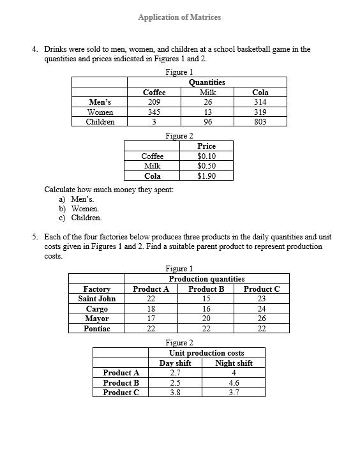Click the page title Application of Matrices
(179, 17)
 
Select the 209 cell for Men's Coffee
(154, 102)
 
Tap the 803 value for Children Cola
(260, 122)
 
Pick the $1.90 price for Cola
(206, 176)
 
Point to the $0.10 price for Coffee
(206, 156)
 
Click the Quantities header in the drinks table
(207, 82)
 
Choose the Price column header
(206, 146)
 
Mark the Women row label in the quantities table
(100, 112)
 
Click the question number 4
(34, 49)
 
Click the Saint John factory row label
(97, 299)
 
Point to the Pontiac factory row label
(97, 328)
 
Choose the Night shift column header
(234, 363)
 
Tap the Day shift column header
(175, 363)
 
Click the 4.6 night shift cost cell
(234, 383)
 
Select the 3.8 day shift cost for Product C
(175, 393)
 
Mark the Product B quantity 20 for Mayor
(206, 319)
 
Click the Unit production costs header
(206, 353)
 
